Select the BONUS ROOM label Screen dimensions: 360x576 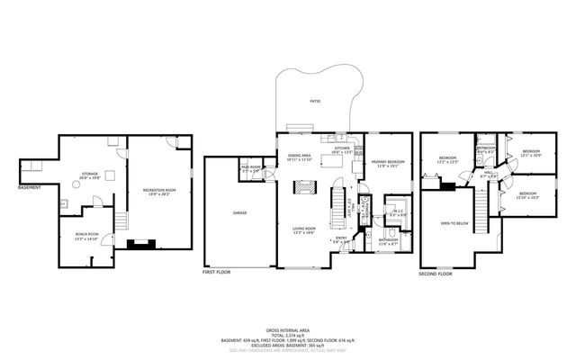87,237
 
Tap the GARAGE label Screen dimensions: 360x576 239,212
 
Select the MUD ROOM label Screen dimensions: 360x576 250,168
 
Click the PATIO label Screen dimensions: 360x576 314,102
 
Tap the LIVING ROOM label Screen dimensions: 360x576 303,230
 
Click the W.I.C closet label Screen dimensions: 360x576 397,214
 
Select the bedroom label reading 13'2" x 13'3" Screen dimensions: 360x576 447,160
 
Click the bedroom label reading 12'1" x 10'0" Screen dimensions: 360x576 530,153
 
